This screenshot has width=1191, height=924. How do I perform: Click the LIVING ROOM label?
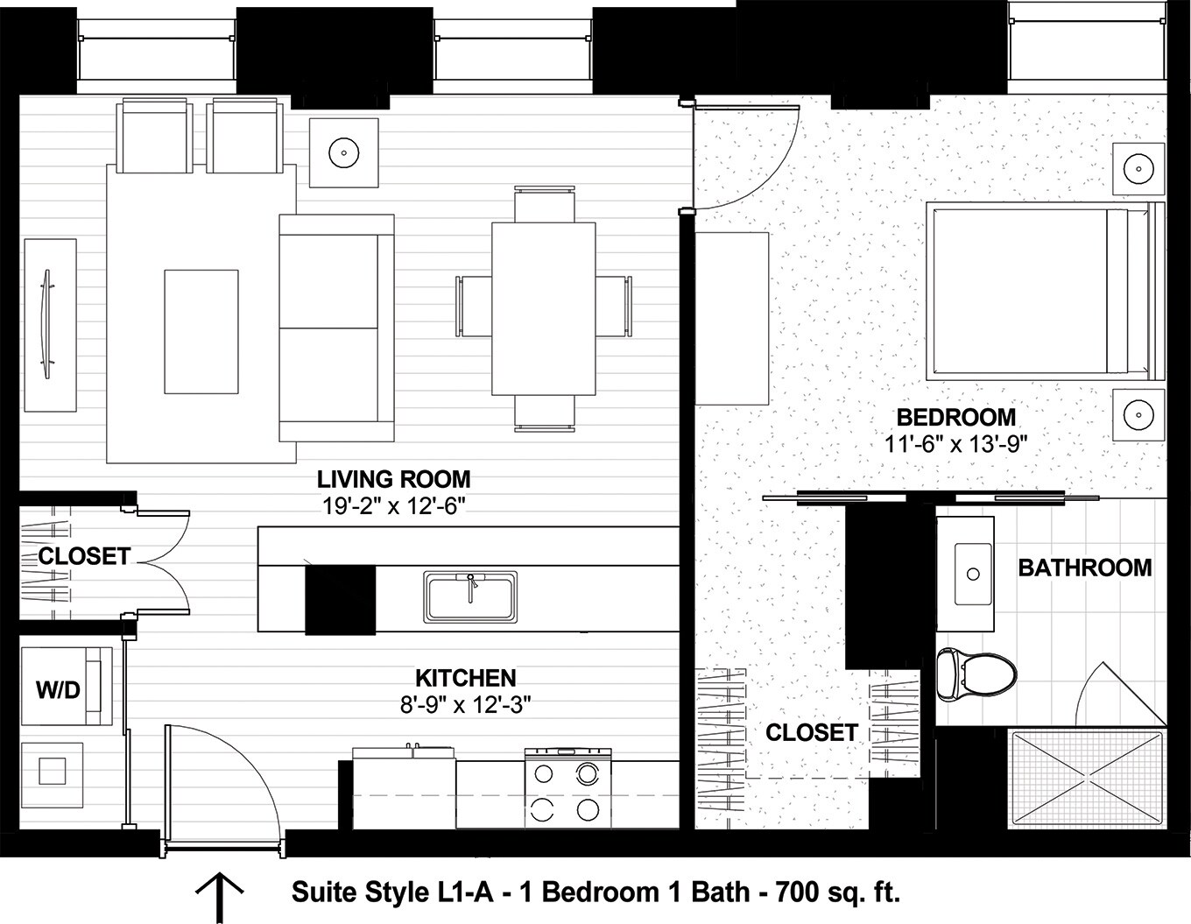tap(393, 479)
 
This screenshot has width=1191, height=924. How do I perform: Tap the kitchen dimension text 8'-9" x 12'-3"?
tap(466, 704)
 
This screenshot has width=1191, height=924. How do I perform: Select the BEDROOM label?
tap(955, 417)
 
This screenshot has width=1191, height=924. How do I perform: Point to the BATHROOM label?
tap(1084, 568)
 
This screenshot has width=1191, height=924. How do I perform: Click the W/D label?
tap(58, 690)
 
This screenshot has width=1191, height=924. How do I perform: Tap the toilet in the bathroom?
tap(975, 674)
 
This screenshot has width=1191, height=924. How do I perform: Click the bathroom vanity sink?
tap(971, 575)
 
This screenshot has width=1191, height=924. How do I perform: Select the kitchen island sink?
tap(470, 597)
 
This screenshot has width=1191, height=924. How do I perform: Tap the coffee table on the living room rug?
tap(201, 332)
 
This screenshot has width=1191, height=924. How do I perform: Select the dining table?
tap(543, 308)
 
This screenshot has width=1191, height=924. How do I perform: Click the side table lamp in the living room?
tap(344, 152)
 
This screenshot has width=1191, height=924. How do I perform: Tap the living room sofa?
tap(336, 328)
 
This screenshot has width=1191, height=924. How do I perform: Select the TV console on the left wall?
tap(50, 324)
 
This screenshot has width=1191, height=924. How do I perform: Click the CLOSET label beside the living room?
tap(84, 556)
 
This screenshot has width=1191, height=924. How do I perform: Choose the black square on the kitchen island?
tap(340, 600)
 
